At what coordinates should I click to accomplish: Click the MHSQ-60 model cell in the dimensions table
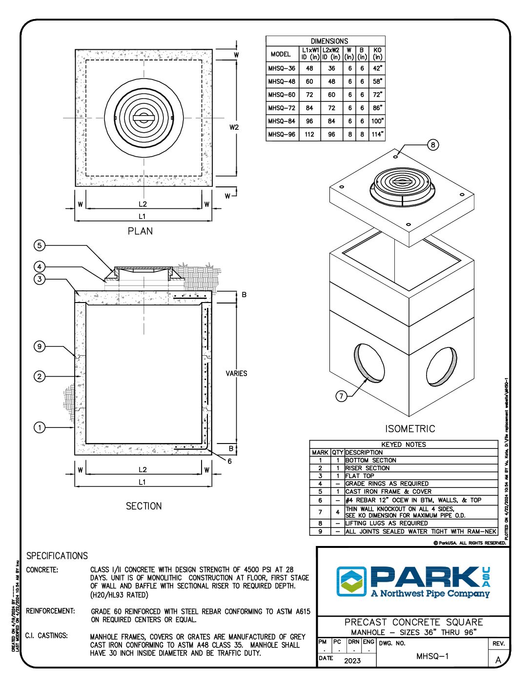coord(282,95)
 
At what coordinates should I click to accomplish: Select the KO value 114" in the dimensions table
coord(377,134)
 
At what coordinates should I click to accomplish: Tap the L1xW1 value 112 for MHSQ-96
coord(309,134)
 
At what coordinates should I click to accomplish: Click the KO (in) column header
coord(377,54)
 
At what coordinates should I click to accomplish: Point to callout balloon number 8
coord(433,144)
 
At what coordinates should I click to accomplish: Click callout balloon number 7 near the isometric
coord(342,396)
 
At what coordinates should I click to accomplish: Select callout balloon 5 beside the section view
coord(40,245)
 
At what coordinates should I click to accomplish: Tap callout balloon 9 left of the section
coord(40,347)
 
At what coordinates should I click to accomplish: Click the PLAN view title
coord(140,231)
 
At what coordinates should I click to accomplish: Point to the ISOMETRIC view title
coord(410,429)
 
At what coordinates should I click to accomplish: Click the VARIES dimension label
coord(236,373)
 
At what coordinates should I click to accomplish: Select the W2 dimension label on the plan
coord(234,127)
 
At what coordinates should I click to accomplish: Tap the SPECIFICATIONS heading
coord(57,556)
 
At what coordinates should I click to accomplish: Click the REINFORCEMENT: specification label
coord(51,611)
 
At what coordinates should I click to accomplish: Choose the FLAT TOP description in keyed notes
coord(360,476)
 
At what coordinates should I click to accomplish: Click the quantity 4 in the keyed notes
coord(337,512)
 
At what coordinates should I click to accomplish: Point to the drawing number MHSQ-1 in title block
coord(432,656)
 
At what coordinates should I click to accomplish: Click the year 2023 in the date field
coord(352,661)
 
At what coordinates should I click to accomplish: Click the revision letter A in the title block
coord(498,660)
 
